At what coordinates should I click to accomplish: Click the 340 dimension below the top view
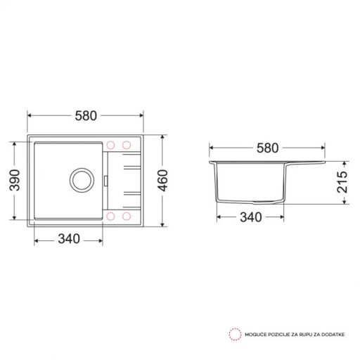(x=67, y=239)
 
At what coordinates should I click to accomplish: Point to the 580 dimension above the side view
(x=268, y=148)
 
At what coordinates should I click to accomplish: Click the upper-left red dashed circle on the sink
(x=112, y=145)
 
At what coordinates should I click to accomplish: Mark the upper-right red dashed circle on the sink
(x=127, y=145)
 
